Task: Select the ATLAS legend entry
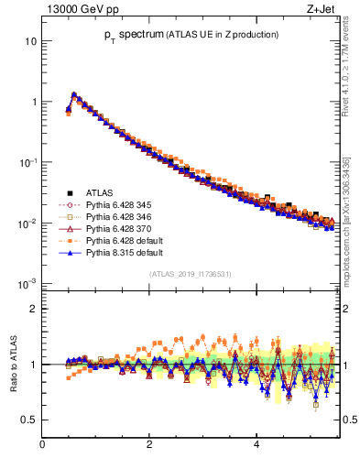100,192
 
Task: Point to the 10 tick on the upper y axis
30,41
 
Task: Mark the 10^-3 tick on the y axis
27,283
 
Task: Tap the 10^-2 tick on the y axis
27,223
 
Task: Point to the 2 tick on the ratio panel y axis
33,309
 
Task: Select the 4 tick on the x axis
256,444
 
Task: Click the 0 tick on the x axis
42,444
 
